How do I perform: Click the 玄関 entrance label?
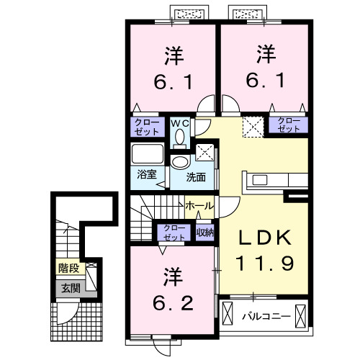pyautogui.click(x=70, y=289)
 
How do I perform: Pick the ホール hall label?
pyautogui.click(x=199, y=205)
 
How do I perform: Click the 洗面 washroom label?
pyautogui.click(x=196, y=176)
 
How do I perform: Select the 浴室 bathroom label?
pyautogui.click(x=145, y=174)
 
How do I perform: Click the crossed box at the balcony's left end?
pyautogui.click(x=229, y=315)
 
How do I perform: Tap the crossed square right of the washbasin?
pyautogui.click(x=204, y=153)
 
